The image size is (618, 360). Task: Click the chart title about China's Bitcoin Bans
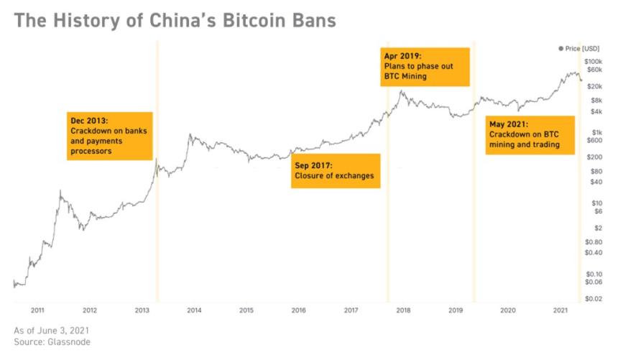(x=175, y=20)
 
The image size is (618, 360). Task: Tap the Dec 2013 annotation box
(x=110, y=136)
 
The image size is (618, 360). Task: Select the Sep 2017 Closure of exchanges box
(x=335, y=171)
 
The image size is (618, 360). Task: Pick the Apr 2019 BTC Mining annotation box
(x=425, y=66)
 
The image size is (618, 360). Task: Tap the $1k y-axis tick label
(x=594, y=131)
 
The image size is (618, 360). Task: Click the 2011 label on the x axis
(x=37, y=310)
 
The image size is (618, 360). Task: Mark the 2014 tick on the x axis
(x=194, y=310)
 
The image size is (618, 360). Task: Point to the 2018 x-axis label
(x=403, y=310)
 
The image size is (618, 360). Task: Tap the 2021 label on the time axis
(x=561, y=310)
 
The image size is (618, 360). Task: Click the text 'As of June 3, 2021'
(x=52, y=330)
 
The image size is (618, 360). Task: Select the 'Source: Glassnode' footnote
(x=52, y=342)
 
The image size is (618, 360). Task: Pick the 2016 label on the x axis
(x=299, y=310)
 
